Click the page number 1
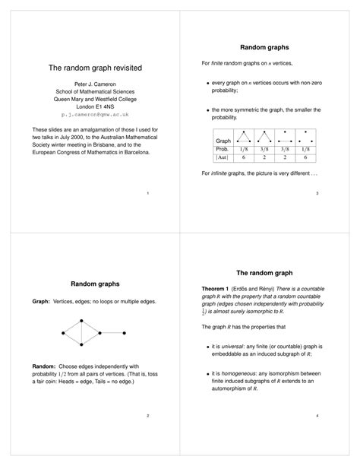[x=147, y=195]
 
